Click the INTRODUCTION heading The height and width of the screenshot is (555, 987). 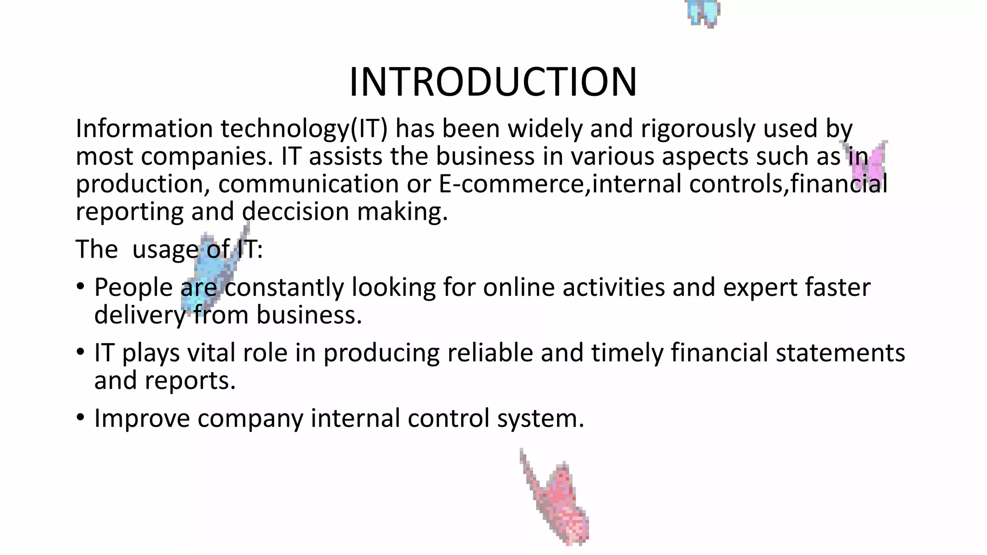[x=493, y=82]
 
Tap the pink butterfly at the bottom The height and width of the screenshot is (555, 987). [x=559, y=501]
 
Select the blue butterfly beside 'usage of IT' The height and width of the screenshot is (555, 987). [x=212, y=270]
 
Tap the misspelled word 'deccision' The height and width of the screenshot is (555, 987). [x=295, y=212]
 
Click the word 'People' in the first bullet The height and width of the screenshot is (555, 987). [x=133, y=288]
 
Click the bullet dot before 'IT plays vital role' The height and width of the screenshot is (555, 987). [x=80, y=352]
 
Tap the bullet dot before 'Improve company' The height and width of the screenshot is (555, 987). [x=80, y=417]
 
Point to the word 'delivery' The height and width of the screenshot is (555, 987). [x=140, y=316]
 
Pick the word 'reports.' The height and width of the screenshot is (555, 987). [x=190, y=381]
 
